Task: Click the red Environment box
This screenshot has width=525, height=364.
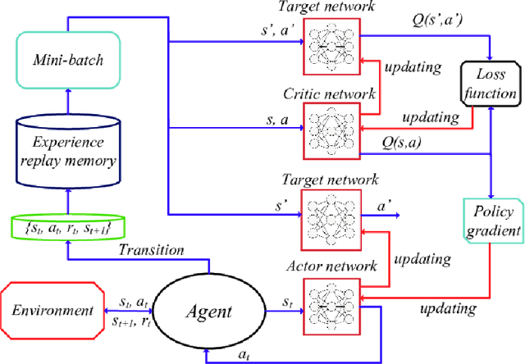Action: [52, 312]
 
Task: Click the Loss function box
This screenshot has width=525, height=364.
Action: [491, 83]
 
